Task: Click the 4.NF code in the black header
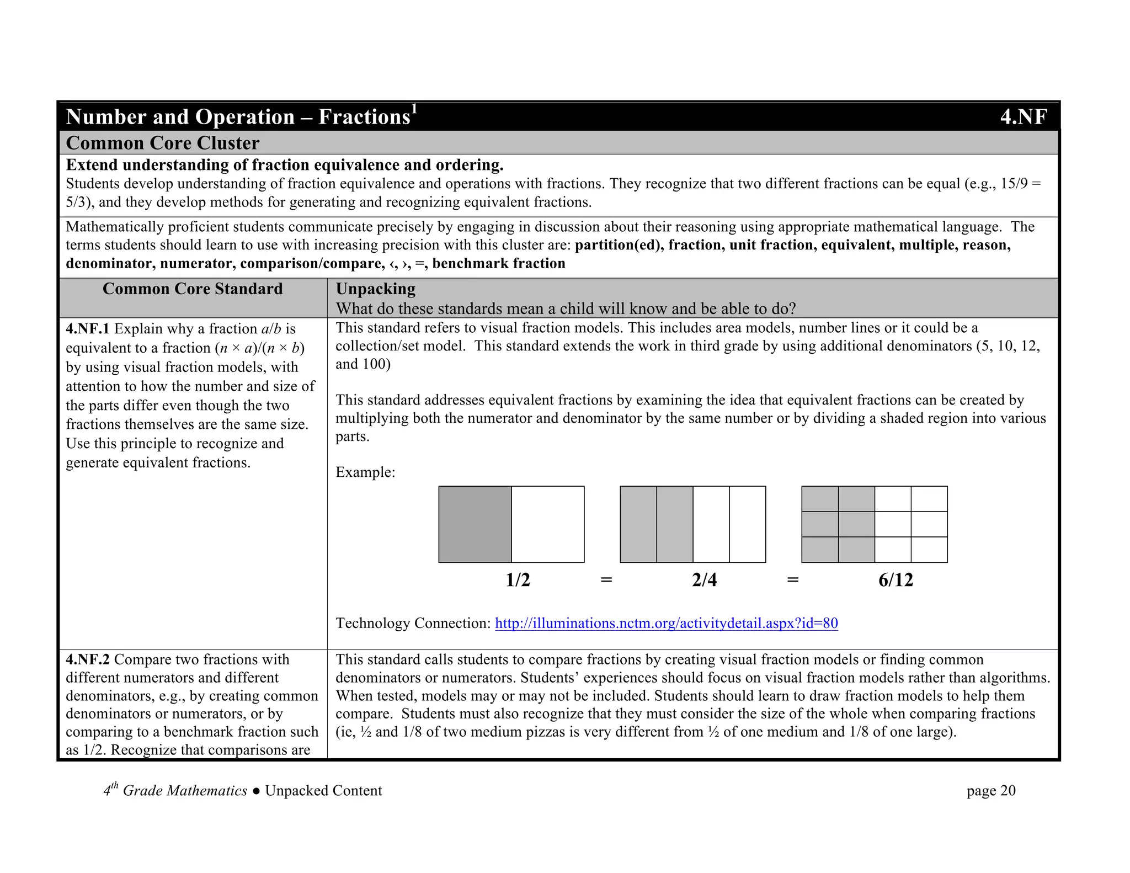[x=1024, y=117]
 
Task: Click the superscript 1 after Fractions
[x=414, y=109]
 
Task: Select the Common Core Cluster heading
[x=162, y=143]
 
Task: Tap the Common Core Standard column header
[x=193, y=289]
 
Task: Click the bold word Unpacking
[x=375, y=289]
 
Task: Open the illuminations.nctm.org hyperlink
[x=666, y=623]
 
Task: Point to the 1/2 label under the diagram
[x=518, y=580]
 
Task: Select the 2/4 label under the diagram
[x=704, y=580]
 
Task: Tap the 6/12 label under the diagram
[x=896, y=580]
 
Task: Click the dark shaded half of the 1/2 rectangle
[x=475, y=524]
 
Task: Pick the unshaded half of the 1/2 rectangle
[x=547, y=524]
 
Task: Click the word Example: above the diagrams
[x=365, y=472]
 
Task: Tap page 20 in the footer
[x=990, y=791]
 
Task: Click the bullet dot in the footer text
[x=256, y=791]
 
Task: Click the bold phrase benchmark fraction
[x=499, y=263]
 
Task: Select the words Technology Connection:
[x=413, y=623]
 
